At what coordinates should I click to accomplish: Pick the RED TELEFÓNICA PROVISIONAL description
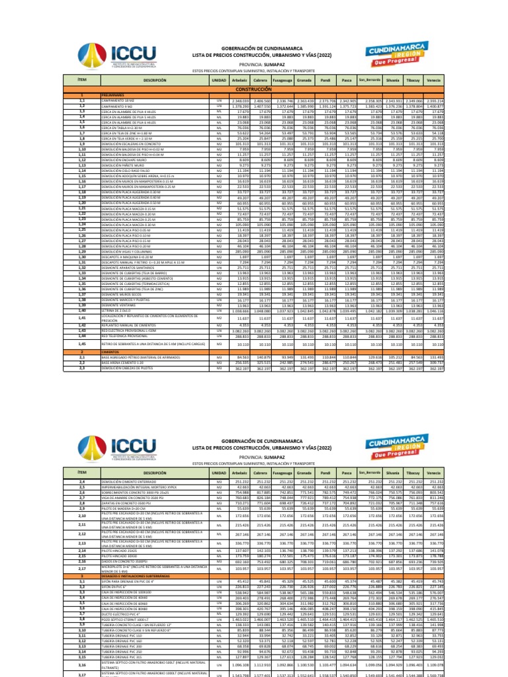coord(122,337)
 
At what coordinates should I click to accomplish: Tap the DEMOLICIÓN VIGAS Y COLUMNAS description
coord(125,253)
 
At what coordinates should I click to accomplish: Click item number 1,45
coord(83,344)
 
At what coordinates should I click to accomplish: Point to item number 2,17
coord(83,567)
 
